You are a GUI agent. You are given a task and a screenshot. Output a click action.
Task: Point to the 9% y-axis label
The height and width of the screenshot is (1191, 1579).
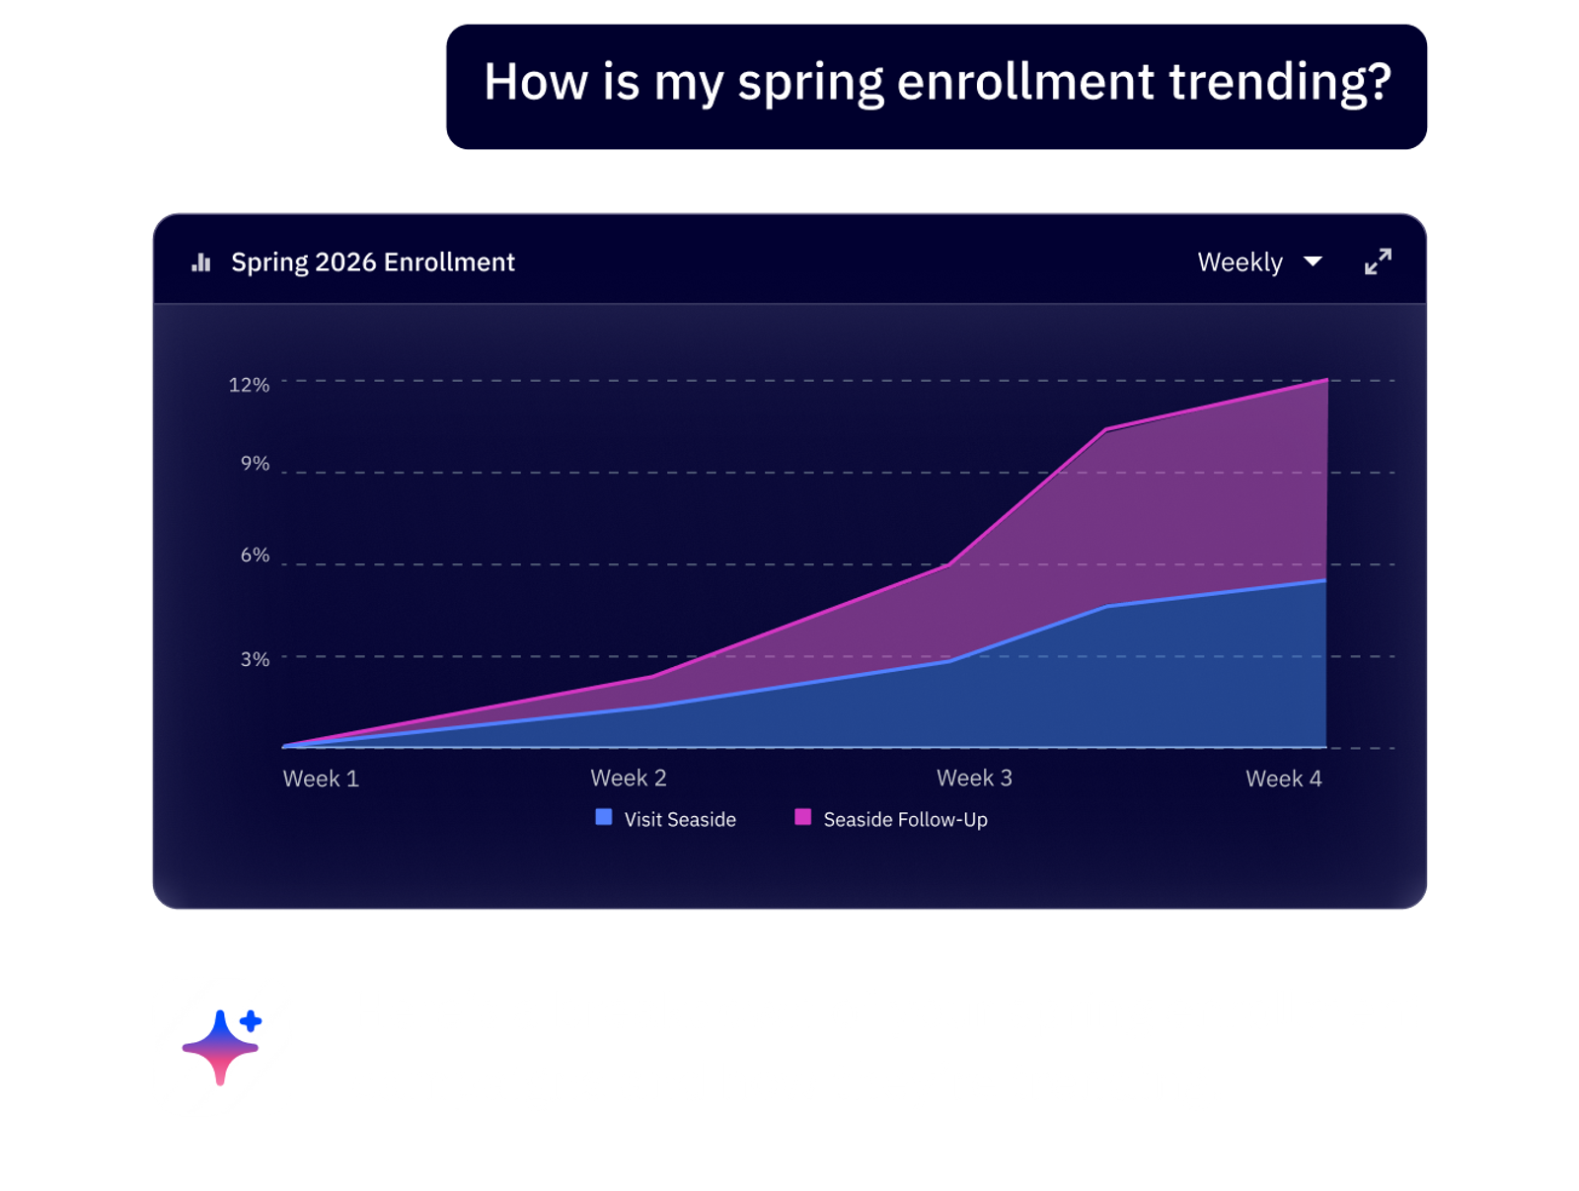click(255, 462)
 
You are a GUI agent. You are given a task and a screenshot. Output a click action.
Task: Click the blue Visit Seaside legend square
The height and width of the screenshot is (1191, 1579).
click(603, 816)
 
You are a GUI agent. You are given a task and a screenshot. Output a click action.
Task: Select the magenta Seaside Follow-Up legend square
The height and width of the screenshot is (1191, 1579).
click(801, 816)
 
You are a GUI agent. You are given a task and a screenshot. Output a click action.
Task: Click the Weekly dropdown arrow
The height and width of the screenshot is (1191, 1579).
click(1312, 261)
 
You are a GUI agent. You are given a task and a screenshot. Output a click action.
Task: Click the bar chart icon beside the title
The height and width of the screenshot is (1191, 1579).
click(200, 261)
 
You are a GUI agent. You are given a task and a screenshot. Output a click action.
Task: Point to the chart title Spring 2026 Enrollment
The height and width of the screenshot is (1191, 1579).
click(373, 261)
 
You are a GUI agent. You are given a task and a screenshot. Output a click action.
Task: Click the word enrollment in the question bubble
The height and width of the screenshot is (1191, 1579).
click(1024, 81)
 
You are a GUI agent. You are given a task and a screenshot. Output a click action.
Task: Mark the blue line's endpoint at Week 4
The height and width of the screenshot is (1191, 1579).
click(1324, 579)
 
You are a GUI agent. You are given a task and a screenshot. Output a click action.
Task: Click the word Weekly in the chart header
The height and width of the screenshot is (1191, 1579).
click(1239, 261)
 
